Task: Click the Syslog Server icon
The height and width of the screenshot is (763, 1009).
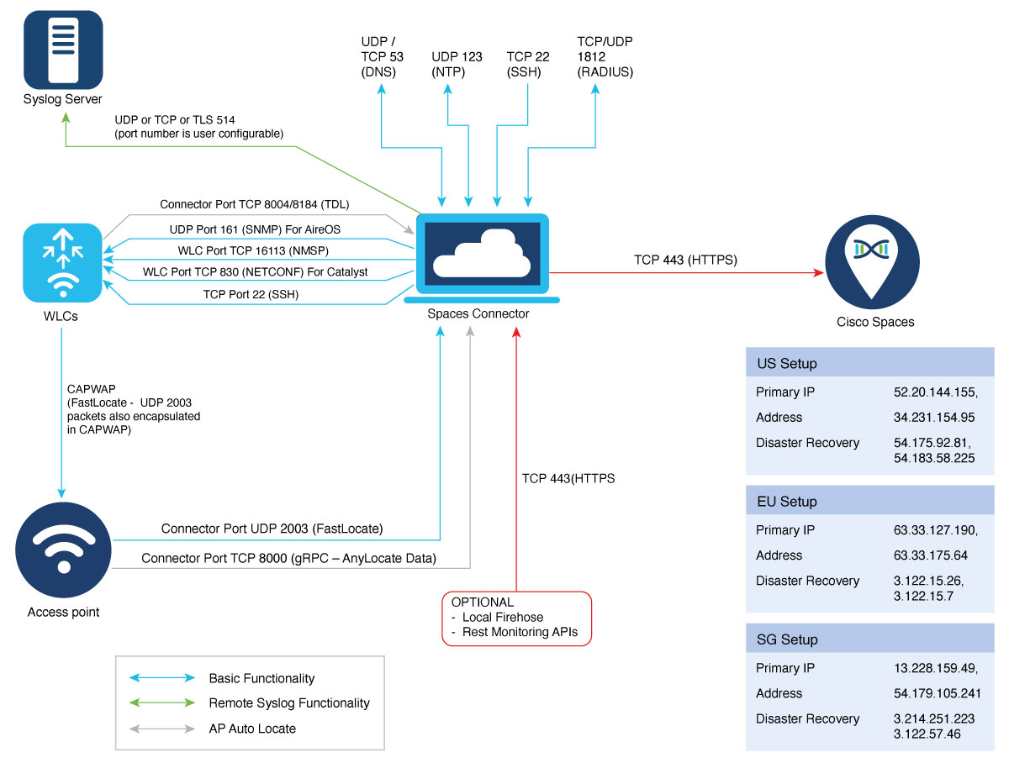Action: [x=63, y=50]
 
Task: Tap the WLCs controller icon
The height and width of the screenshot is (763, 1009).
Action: [x=62, y=262]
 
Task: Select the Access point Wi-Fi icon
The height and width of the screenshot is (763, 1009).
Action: [x=63, y=550]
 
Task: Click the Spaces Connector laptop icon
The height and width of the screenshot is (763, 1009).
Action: [x=481, y=258]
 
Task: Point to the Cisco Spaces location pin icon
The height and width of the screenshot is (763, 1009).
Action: [x=872, y=262]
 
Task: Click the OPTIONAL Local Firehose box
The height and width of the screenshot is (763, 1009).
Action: [x=516, y=618]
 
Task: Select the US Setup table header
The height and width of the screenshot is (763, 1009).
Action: [x=869, y=362]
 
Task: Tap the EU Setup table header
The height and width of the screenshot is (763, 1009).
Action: [x=869, y=500]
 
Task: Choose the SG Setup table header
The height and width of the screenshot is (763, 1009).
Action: [x=869, y=639]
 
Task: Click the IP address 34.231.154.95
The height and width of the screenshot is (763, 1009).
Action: [x=933, y=417]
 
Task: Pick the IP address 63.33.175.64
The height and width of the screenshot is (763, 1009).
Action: [x=930, y=555]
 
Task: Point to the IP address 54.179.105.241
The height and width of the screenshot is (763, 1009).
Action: [x=937, y=692]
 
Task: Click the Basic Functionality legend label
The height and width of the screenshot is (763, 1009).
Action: [x=261, y=678]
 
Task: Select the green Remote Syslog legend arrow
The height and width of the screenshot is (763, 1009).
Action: [x=161, y=702]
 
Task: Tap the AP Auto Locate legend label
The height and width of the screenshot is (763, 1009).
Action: [x=252, y=729]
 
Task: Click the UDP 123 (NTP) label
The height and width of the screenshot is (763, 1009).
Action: [x=457, y=64]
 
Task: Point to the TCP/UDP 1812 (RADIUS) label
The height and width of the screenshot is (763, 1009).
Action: [x=605, y=56]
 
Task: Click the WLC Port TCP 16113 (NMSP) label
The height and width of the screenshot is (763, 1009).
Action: [x=253, y=250]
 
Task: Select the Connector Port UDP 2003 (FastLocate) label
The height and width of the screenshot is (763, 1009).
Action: [x=272, y=529]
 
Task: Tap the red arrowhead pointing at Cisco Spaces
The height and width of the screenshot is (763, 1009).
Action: [x=818, y=273]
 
